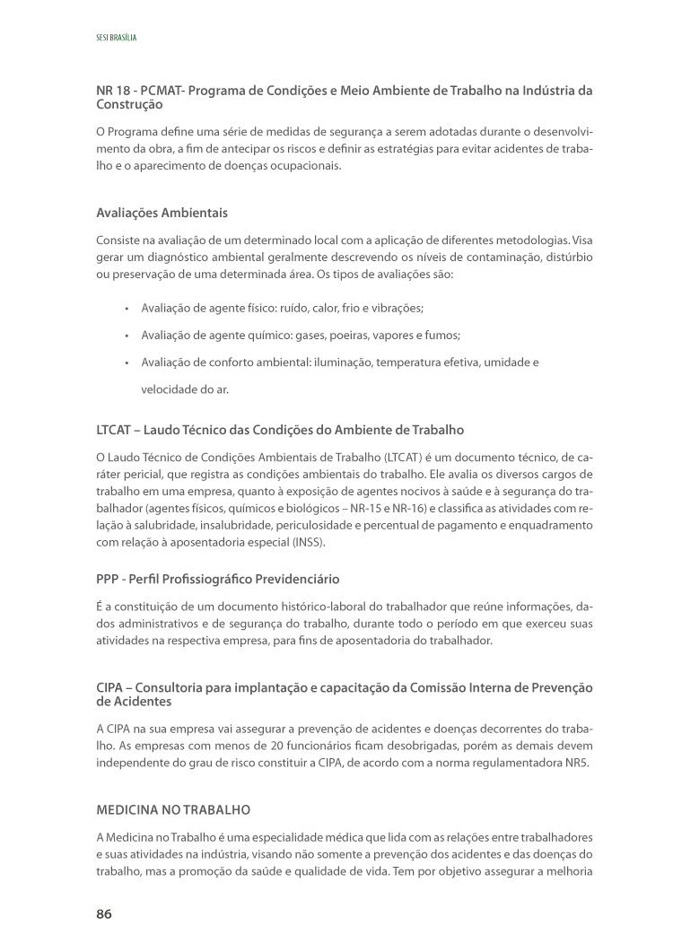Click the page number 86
point(104,913)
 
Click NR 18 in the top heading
point(111,92)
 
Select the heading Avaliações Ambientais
point(162,214)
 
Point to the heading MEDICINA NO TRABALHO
point(173,810)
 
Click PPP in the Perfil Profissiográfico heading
point(109,580)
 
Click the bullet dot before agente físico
point(127,308)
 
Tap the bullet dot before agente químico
point(127,336)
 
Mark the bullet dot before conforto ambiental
point(127,362)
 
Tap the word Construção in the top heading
point(129,105)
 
